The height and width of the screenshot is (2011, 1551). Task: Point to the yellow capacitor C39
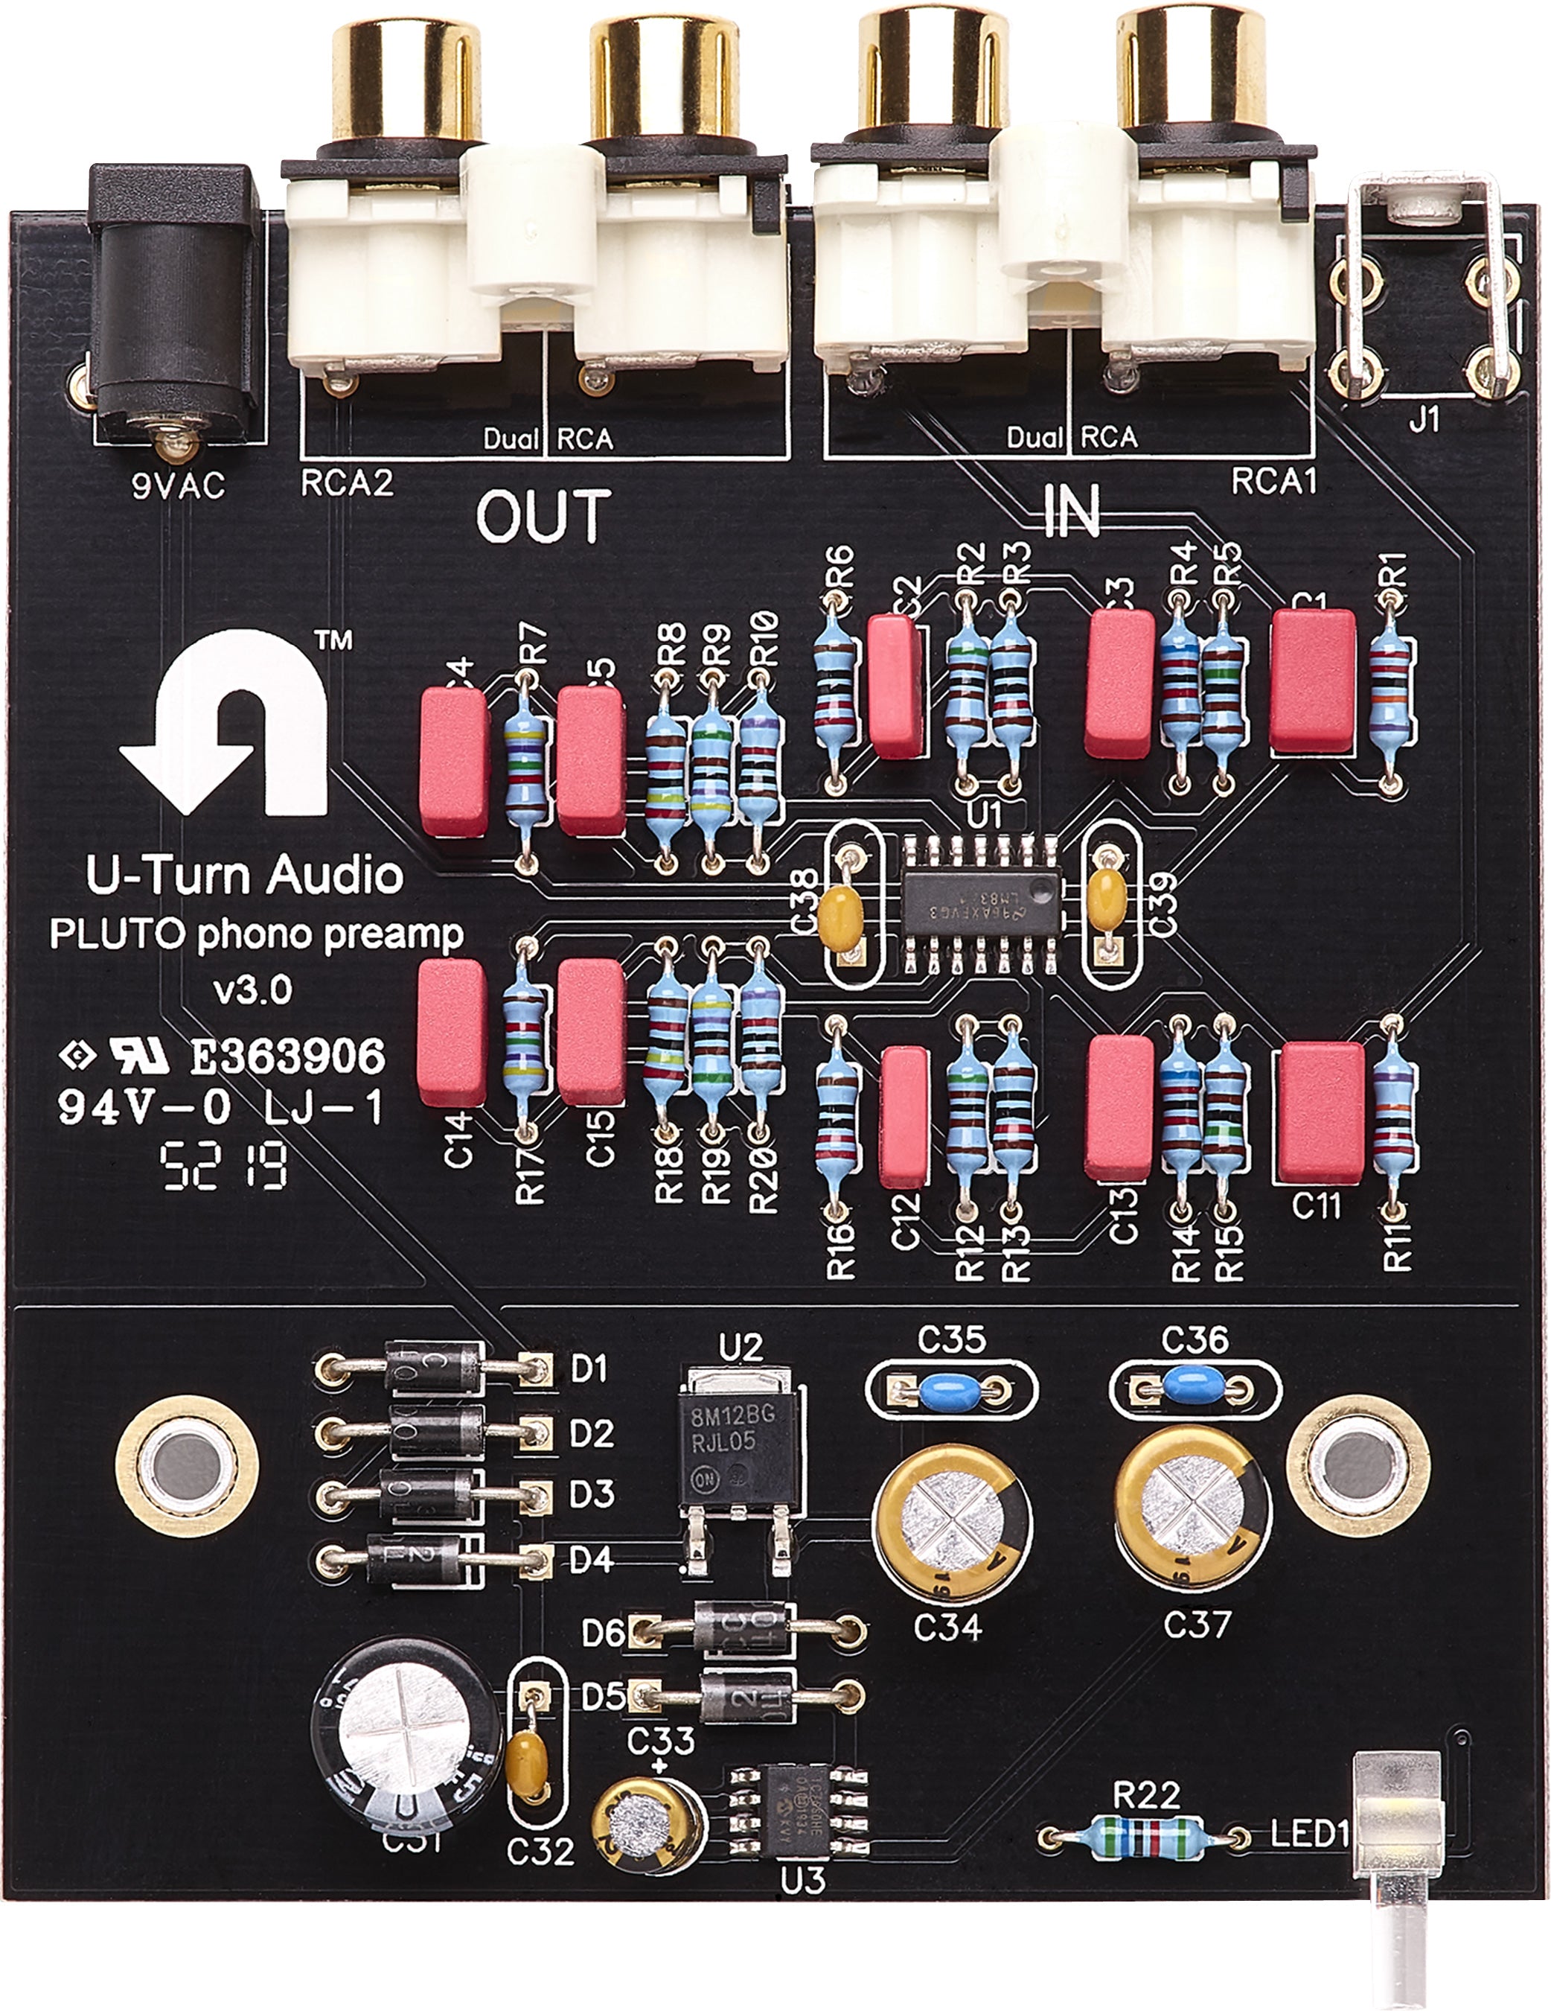1105,891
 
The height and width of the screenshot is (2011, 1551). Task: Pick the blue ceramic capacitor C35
951,1386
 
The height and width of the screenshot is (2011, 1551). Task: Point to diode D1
432,1369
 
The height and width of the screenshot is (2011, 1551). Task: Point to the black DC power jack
175,304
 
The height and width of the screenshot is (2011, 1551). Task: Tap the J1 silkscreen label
1424,421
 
